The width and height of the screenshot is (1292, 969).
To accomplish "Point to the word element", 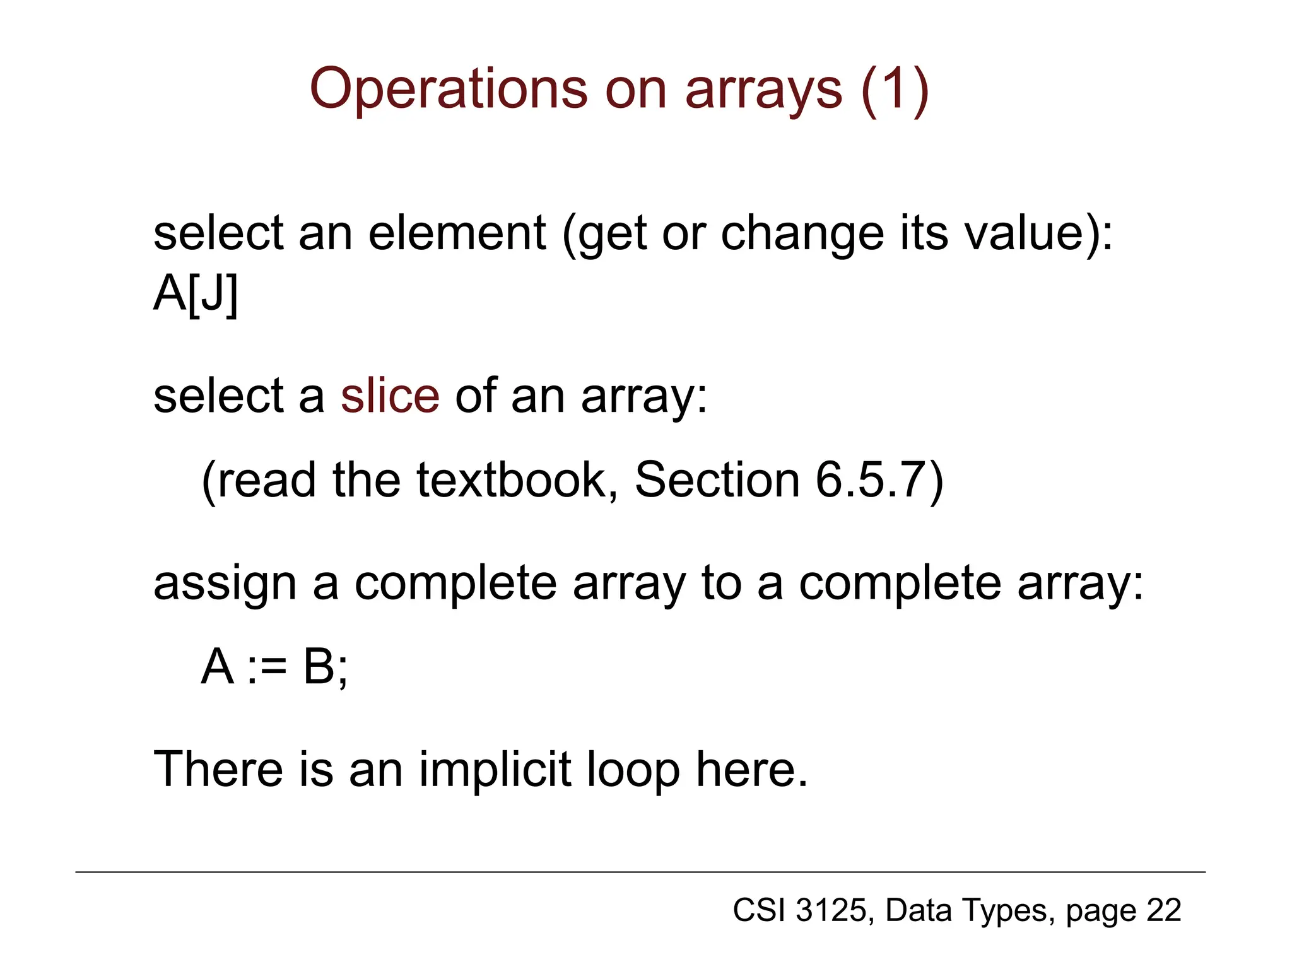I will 457,233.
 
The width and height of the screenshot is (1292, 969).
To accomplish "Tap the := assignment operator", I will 267,667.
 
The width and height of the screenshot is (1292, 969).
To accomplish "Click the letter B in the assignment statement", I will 319,667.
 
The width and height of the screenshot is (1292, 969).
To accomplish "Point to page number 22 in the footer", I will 1164,910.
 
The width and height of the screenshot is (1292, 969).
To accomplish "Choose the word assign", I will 225,584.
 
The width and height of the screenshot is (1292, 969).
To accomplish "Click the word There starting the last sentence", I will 218,770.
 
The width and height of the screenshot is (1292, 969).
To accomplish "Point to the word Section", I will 717,480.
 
